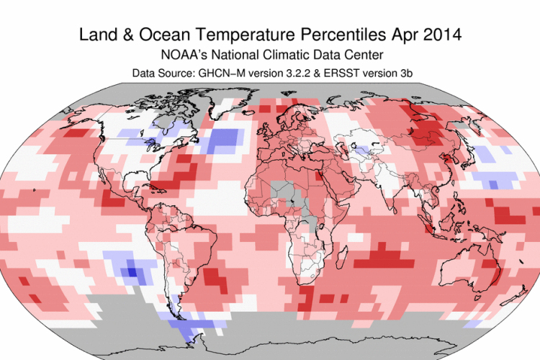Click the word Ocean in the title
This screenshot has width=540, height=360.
click(x=146, y=34)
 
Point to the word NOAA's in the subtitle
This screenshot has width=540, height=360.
click(x=187, y=55)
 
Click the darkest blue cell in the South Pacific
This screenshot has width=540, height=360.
click(x=131, y=271)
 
